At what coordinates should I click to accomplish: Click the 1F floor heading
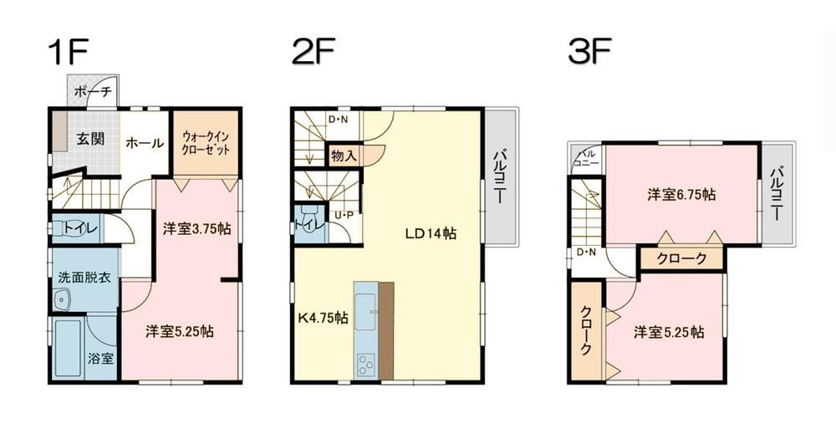click(x=67, y=52)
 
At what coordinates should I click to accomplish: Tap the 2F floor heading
click(x=313, y=52)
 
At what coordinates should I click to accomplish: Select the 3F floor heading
click(x=589, y=52)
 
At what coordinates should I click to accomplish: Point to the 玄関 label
click(x=89, y=139)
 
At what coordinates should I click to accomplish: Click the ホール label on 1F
click(x=145, y=142)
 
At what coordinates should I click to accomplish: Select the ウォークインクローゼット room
click(x=206, y=143)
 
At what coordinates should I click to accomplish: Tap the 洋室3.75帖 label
click(x=196, y=229)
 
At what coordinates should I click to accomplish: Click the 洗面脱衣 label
click(x=84, y=278)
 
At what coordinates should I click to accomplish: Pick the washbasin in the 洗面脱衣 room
click(x=63, y=299)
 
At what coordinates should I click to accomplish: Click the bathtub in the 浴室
click(x=69, y=349)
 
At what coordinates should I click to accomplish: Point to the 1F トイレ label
click(x=80, y=229)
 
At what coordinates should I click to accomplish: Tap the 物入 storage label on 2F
click(x=344, y=156)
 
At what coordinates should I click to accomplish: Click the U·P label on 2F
click(x=344, y=216)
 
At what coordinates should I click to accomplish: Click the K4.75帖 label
click(x=323, y=319)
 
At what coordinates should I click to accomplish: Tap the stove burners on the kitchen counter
click(x=366, y=365)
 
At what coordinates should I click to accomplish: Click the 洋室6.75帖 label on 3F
click(x=681, y=195)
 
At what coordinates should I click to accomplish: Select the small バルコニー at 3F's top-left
click(x=587, y=158)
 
